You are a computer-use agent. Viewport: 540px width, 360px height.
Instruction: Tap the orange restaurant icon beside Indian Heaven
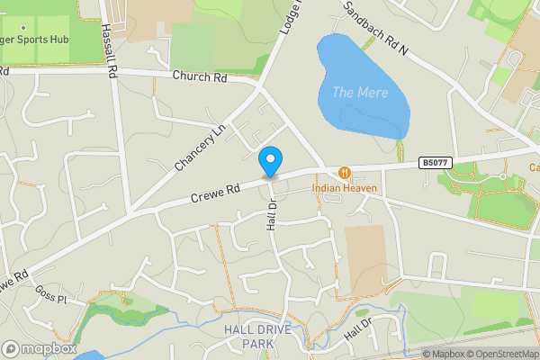[x=344, y=172]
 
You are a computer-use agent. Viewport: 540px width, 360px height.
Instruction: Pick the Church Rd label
[x=201, y=77]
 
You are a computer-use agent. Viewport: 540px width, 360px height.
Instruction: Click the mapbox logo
[x=39, y=348]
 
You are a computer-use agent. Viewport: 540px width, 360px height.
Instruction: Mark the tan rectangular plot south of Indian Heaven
[x=365, y=260]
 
